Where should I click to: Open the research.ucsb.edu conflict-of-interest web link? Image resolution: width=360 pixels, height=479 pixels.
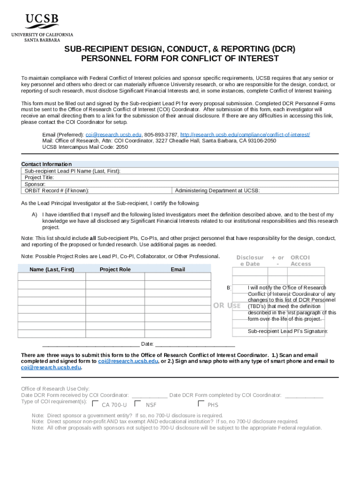245,134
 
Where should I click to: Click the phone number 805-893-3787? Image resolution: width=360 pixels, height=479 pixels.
161,134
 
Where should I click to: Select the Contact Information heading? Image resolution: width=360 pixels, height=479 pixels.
46,164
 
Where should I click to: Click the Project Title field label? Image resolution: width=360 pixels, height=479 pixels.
39,177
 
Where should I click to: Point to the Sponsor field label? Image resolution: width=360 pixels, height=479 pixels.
35,184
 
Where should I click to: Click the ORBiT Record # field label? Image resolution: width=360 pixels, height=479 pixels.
57,190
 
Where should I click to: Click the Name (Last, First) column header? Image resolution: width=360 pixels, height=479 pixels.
51,269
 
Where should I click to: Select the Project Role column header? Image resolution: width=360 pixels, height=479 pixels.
115,269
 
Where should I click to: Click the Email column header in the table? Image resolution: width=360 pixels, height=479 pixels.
178,269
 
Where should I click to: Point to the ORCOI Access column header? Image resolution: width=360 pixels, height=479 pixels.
300,261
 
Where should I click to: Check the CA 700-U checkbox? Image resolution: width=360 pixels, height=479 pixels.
95,404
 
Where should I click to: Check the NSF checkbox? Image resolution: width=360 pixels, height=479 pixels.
137,404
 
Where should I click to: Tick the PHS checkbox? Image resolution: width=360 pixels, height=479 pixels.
201,404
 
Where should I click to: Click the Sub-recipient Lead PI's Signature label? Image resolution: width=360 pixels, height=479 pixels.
288,331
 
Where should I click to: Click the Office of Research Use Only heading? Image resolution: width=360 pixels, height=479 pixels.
55,389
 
